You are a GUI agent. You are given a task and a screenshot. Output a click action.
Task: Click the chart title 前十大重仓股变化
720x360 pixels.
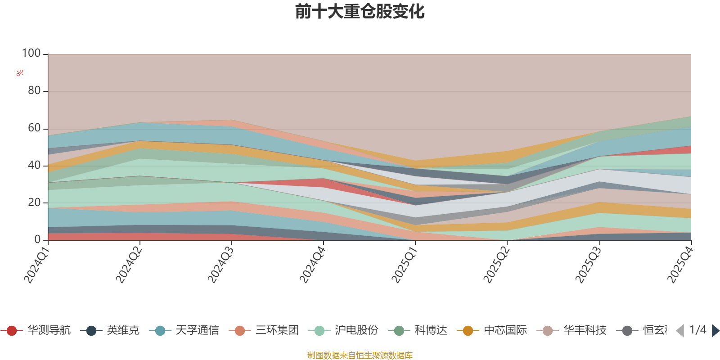pos(360,12)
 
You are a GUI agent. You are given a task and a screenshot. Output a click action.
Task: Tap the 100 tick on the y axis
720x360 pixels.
pos(31,54)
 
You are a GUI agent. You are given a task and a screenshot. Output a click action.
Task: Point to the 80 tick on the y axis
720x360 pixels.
pos(34,91)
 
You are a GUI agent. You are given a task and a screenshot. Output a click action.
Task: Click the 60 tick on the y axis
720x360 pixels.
pos(34,128)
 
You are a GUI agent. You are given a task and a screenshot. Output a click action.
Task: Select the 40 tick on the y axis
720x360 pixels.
pos(34,166)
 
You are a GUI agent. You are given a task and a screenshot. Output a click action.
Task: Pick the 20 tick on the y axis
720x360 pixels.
pos(34,202)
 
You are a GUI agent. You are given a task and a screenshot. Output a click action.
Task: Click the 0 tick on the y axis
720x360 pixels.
pos(37,240)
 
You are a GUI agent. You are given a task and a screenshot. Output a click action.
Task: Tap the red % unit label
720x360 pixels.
pos(20,73)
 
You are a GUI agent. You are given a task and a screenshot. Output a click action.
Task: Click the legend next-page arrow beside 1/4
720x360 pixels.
pos(715,331)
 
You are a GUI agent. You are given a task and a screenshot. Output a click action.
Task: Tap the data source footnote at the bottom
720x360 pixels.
pos(360,355)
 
